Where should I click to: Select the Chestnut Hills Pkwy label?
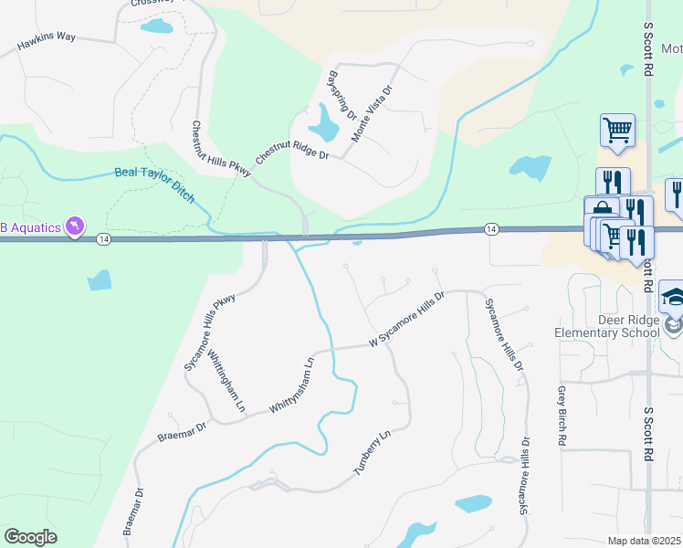tap(209, 150)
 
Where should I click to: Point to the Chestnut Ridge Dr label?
tap(291, 151)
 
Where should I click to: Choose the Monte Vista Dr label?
tap(373, 114)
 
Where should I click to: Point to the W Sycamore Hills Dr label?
tap(405, 319)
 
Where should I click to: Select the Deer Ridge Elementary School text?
tap(606, 327)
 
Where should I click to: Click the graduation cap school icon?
tap(673, 297)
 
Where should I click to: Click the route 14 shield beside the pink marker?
tap(103, 238)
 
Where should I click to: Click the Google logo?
tap(30, 536)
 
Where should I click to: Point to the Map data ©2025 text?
tap(645, 541)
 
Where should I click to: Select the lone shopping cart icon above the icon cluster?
tap(617, 130)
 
